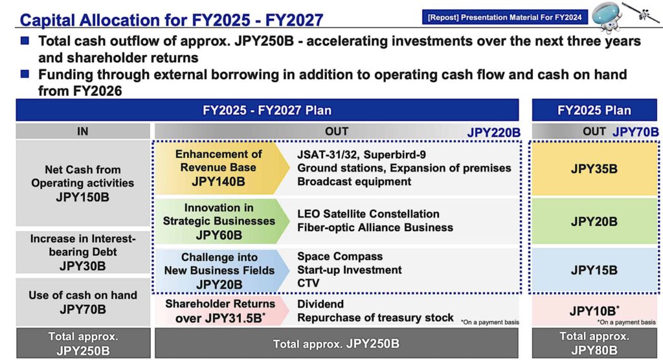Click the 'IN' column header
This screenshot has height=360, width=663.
coord(82,131)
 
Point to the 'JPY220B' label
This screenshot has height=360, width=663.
coord(493,133)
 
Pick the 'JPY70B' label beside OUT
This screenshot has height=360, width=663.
coord(635,132)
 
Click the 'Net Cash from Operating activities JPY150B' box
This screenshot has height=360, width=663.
coord(82,183)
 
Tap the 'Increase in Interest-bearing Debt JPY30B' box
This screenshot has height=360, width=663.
coord(82,253)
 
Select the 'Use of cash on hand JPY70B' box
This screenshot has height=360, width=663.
coord(82,302)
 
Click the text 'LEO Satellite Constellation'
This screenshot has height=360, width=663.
coord(368,214)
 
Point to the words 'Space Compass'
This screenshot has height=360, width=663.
coord(340,256)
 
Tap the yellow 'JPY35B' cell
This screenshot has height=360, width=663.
coord(594,169)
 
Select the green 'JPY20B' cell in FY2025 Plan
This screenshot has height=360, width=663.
coord(594,221)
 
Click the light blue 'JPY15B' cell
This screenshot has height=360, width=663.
coord(594,270)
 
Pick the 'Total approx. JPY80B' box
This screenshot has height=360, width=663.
coord(594,343)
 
